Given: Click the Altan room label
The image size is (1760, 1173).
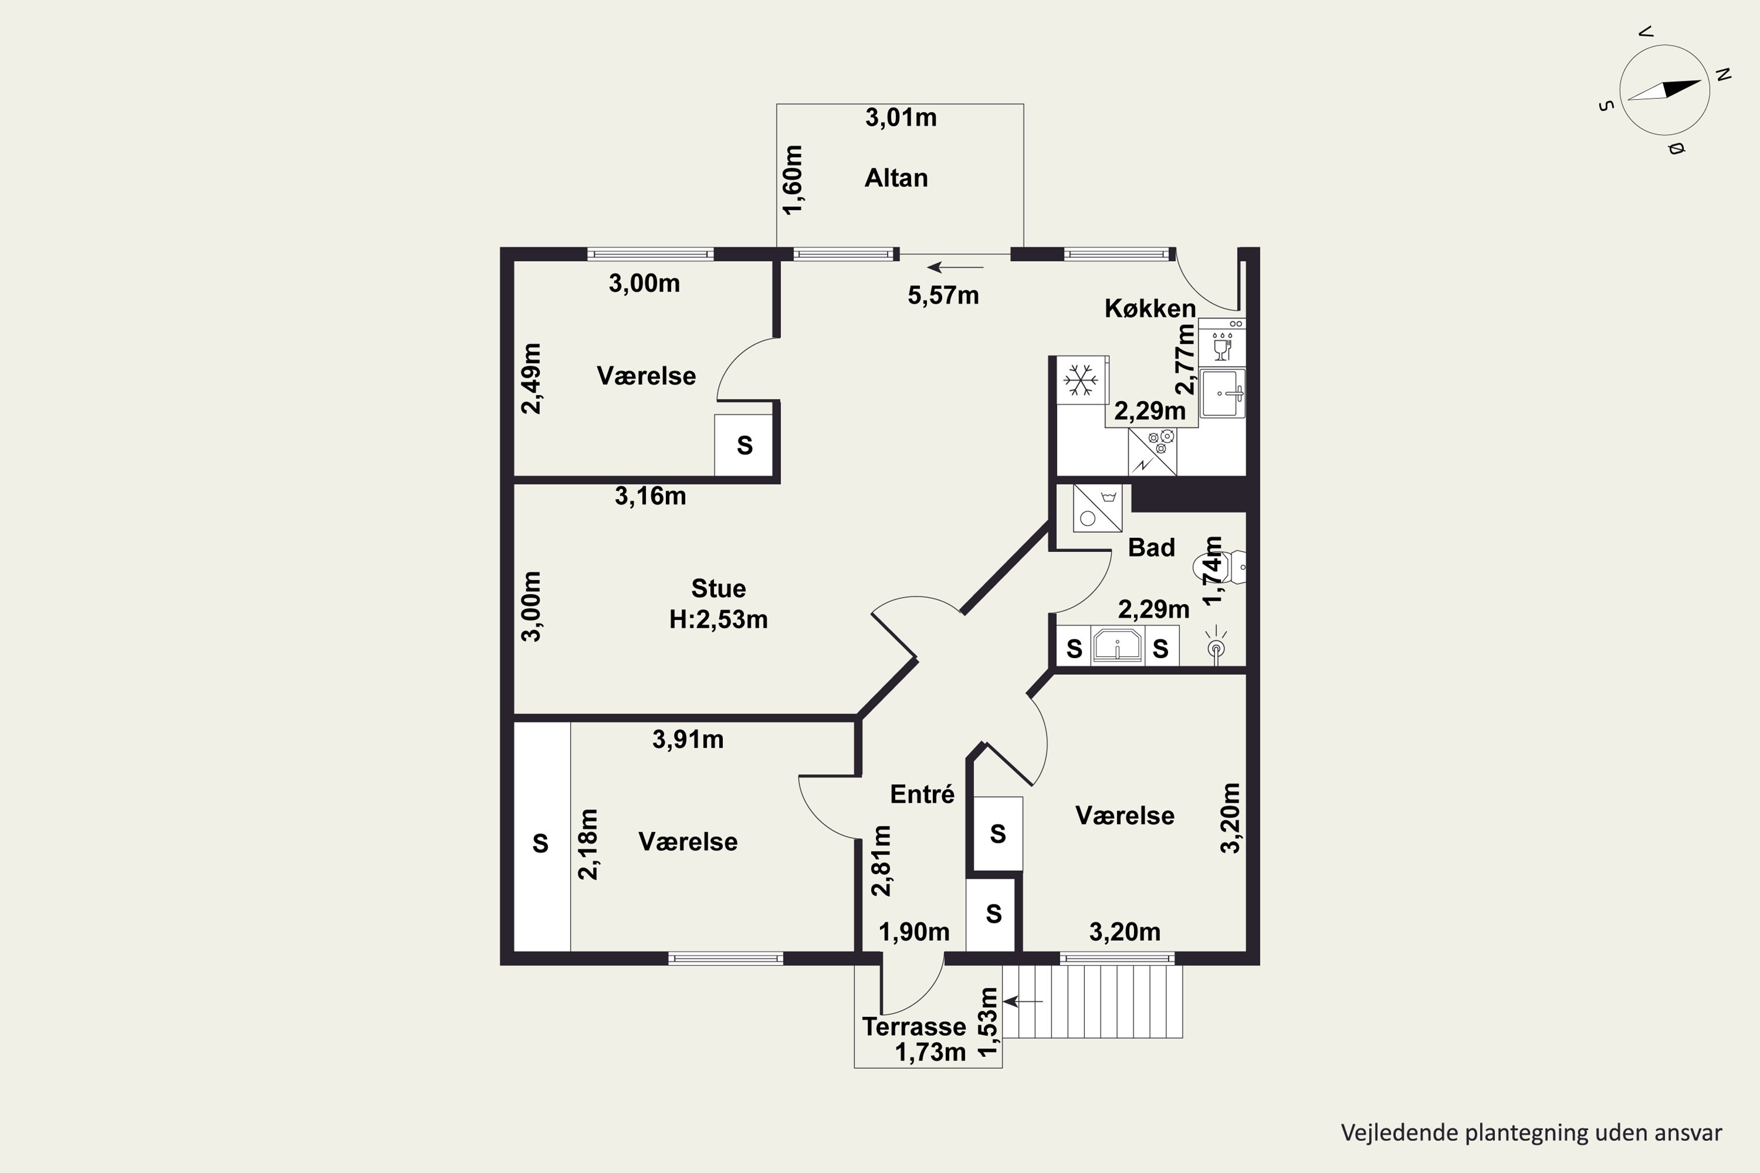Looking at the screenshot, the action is [x=896, y=178].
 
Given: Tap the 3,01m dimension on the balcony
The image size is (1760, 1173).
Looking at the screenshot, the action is [x=901, y=117].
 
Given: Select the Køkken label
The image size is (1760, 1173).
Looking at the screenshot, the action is [x=1150, y=308].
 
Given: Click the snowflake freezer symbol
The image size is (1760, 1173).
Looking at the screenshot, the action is [x=1081, y=380].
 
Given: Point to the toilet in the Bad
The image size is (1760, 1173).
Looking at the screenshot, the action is [x=1219, y=567].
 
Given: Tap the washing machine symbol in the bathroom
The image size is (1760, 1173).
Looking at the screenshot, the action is [x=1097, y=508].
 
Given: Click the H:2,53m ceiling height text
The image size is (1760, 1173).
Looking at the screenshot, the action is [x=718, y=619].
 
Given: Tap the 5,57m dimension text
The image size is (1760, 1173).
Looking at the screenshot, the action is [x=943, y=296].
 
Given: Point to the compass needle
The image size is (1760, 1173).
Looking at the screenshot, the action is [x=1664, y=90].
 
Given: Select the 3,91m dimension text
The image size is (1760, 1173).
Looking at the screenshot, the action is [x=688, y=740].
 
